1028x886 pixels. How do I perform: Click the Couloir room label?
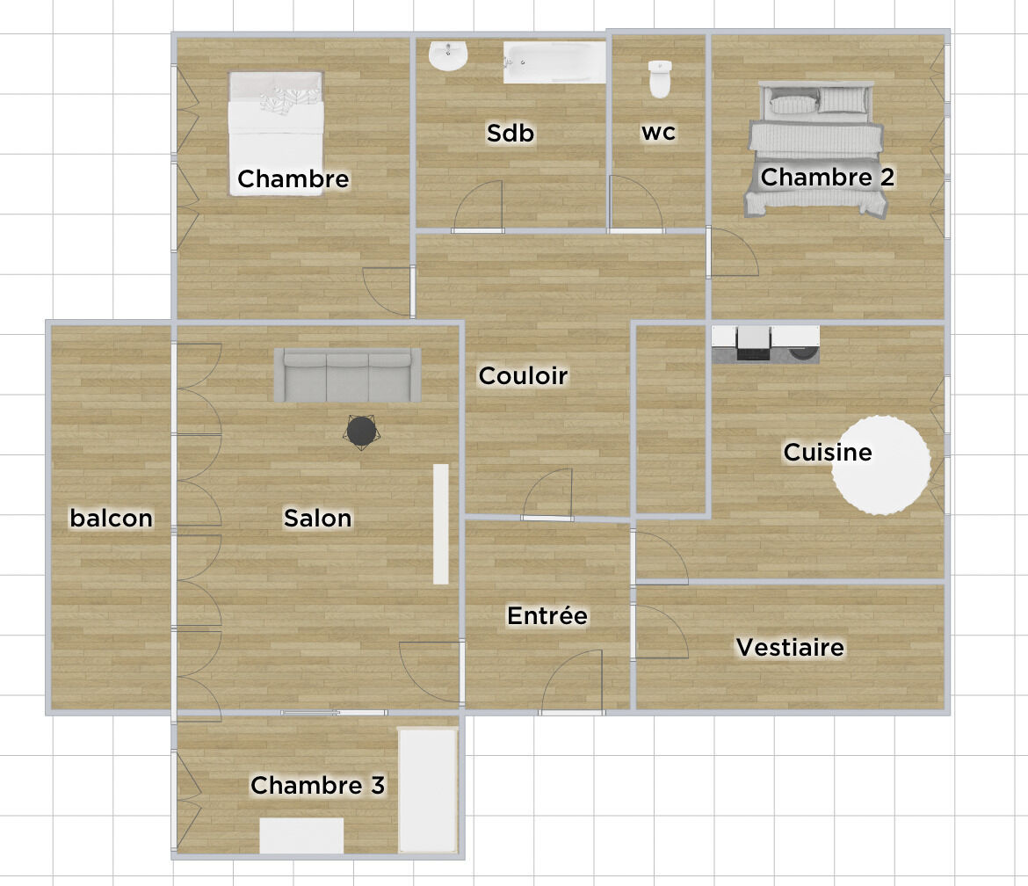click(523, 376)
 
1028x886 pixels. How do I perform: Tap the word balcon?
click(112, 519)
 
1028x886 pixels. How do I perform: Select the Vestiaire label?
click(789, 648)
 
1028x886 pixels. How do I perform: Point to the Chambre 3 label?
click(317, 785)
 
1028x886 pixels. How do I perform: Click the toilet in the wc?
click(659, 79)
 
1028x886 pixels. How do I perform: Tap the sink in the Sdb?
click(448, 56)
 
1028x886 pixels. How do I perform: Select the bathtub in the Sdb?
click(554, 62)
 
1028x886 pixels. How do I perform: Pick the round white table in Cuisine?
click(880, 463)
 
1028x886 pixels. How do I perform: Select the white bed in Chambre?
click(276, 132)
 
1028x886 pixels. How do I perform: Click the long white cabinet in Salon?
click(440, 524)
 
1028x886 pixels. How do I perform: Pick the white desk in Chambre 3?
click(301, 835)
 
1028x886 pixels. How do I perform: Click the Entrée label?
click(547, 616)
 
